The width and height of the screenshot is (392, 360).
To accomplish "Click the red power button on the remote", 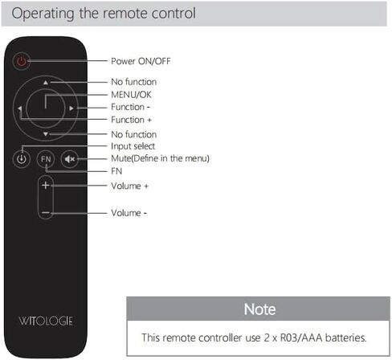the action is click(22, 61).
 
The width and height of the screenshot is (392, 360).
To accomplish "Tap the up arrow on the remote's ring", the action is click(46, 83).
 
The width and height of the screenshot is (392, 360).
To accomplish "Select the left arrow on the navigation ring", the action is click(20, 108).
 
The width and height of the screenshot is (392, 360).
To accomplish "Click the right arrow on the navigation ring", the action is click(71, 108).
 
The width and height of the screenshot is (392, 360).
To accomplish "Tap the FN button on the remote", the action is click(46, 159).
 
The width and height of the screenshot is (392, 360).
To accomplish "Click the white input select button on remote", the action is click(22, 159).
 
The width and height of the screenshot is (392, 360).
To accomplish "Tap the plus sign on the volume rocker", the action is click(46, 185).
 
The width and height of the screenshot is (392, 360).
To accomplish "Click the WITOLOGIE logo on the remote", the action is click(46, 321).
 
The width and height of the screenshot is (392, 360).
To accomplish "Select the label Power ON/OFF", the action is click(141, 61).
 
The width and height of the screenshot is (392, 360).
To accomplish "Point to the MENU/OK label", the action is click(131, 95).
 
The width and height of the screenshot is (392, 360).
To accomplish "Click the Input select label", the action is click(133, 146).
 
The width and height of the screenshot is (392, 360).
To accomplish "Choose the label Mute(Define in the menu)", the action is click(160, 158).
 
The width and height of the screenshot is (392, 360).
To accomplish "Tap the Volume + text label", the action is click(129, 186).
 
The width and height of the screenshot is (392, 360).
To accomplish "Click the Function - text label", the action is click(130, 107).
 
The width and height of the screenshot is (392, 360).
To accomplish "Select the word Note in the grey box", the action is click(259, 309).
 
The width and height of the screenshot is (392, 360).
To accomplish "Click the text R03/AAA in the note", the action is click(301, 337).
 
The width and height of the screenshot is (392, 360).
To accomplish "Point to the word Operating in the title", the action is click(43, 14).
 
